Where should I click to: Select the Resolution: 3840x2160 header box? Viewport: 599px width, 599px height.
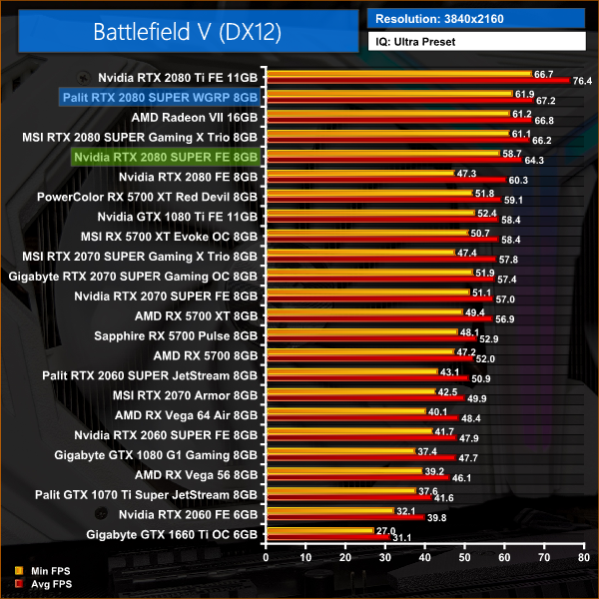(474, 19)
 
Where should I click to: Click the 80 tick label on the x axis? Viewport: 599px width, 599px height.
(583, 557)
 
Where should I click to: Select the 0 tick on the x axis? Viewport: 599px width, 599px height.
(266, 557)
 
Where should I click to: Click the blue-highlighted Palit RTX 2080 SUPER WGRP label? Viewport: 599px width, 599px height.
(160, 96)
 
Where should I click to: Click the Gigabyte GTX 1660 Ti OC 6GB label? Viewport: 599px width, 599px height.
(172, 535)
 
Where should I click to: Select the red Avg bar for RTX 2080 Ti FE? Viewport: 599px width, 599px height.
(416, 80)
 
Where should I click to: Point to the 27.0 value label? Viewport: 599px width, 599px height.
(385, 531)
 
